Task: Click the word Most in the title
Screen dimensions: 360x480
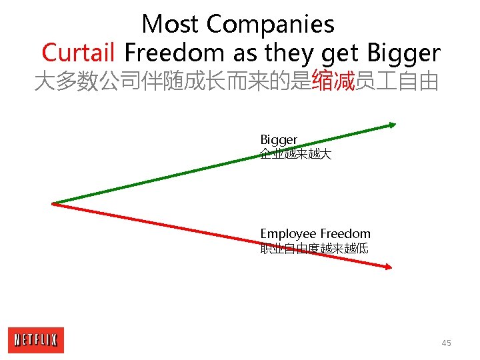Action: [171, 25]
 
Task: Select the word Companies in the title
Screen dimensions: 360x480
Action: [270, 25]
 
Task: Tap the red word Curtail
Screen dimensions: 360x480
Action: [79, 52]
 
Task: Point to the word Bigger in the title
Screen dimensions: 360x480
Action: [402, 53]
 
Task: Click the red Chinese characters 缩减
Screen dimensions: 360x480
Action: [333, 82]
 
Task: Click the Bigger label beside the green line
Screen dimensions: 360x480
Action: [279, 140]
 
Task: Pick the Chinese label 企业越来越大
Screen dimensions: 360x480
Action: [295, 155]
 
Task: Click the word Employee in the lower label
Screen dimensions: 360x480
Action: [288, 234]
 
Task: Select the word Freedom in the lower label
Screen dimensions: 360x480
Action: [345, 234]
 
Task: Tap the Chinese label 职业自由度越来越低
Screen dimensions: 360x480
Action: [314, 249]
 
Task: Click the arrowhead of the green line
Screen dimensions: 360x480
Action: [393, 124]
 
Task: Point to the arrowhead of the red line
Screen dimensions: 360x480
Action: [389, 267]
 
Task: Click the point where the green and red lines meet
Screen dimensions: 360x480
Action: [53, 203]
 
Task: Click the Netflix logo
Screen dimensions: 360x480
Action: [36, 340]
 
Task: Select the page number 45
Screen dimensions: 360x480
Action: [446, 343]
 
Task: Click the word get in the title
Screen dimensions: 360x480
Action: [341, 53]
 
